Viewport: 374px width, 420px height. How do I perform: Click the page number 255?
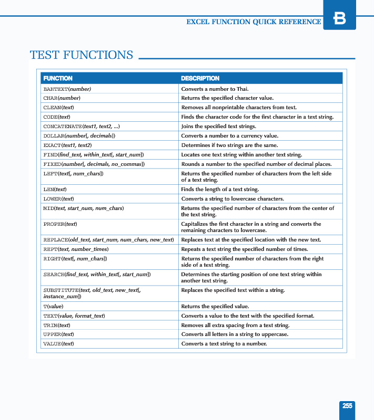tap(347, 406)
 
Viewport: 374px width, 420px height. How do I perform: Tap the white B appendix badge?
tap(340, 19)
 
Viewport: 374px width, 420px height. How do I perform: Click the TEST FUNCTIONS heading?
tap(82, 55)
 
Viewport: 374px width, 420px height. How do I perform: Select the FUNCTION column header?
tap(58, 78)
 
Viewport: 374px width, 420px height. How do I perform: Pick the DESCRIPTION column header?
tap(200, 78)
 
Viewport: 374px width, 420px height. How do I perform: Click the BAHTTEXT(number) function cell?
tap(67, 89)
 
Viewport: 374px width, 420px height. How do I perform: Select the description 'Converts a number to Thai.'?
tap(215, 89)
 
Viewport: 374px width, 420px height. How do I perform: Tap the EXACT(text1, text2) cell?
tap(67, 145)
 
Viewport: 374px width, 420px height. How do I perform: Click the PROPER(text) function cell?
tap(60, 224)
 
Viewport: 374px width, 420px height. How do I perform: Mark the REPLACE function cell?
tap(108, 240)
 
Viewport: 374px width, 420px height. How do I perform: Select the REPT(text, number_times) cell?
tap(76, 249)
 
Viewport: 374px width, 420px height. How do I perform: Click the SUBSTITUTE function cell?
tap(92, 293)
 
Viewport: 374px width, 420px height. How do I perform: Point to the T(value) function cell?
tap(53, 306)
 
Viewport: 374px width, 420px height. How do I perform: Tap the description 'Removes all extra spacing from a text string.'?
tap(235, 325)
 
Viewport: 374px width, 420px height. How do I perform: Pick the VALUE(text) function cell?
tap(58, 344)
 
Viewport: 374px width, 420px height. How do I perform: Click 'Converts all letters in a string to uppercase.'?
tap(235, 334)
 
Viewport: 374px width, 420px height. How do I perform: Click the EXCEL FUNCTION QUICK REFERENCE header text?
tap(254, 22)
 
